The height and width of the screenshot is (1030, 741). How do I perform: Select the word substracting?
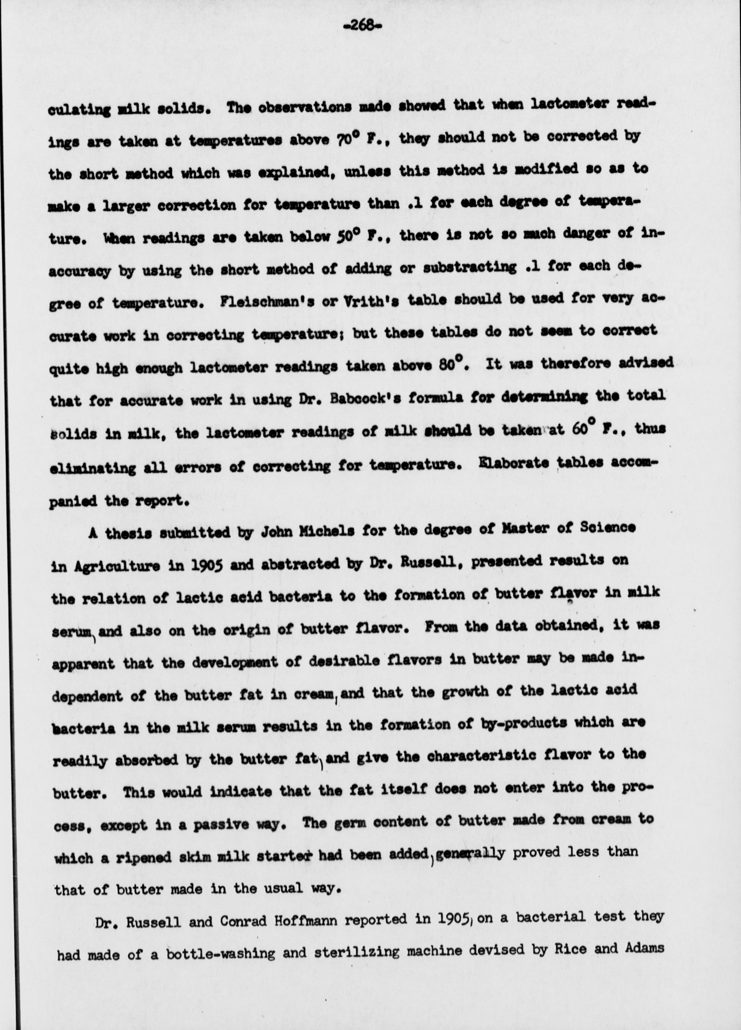[469, 268]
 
